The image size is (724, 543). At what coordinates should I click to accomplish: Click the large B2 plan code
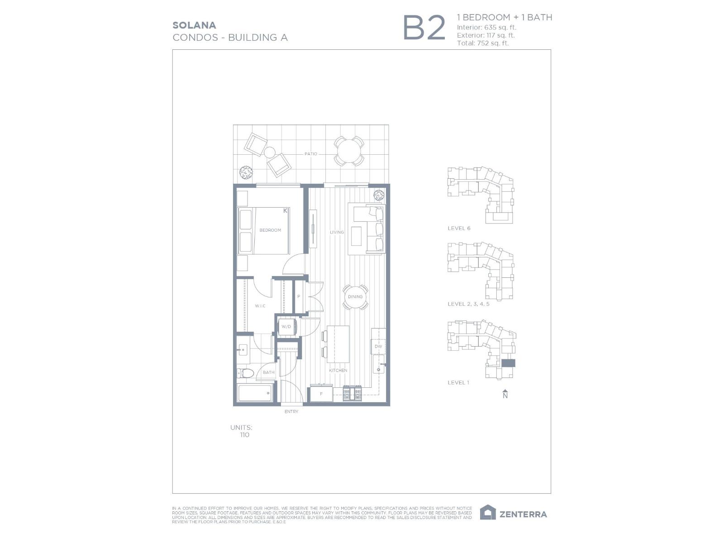[x=424, y=28]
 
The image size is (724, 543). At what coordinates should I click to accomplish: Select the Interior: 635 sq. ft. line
[x=486, y=27]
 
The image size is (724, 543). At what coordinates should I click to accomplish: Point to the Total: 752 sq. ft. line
[x=483, y=43]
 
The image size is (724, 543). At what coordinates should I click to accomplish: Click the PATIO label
[x=311, y=154]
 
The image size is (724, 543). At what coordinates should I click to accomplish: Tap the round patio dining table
[x=349, y=151]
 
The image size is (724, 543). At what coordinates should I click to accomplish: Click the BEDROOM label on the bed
[x=270, y=230]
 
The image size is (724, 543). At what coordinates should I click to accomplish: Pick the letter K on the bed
[x=286, y=211]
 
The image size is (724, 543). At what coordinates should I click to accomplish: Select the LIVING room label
[x=337, y=232]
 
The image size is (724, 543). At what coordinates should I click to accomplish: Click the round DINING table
[x=355, y=297]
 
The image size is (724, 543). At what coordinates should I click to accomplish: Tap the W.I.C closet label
[x=260, y=306]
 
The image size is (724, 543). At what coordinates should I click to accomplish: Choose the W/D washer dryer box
[x=286, y=326]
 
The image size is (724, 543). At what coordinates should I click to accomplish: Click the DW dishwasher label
[x=378, y=347]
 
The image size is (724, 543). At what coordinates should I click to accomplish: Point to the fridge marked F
[x=321, y=394]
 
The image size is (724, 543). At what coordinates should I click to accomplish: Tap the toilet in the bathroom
[x=245, y=374]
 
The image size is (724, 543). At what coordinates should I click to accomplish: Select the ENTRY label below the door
[x=291, y=412]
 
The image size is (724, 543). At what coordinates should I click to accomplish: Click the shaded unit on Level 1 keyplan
[x=508, y=363]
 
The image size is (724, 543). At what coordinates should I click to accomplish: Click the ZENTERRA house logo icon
[x=488, y=513]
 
